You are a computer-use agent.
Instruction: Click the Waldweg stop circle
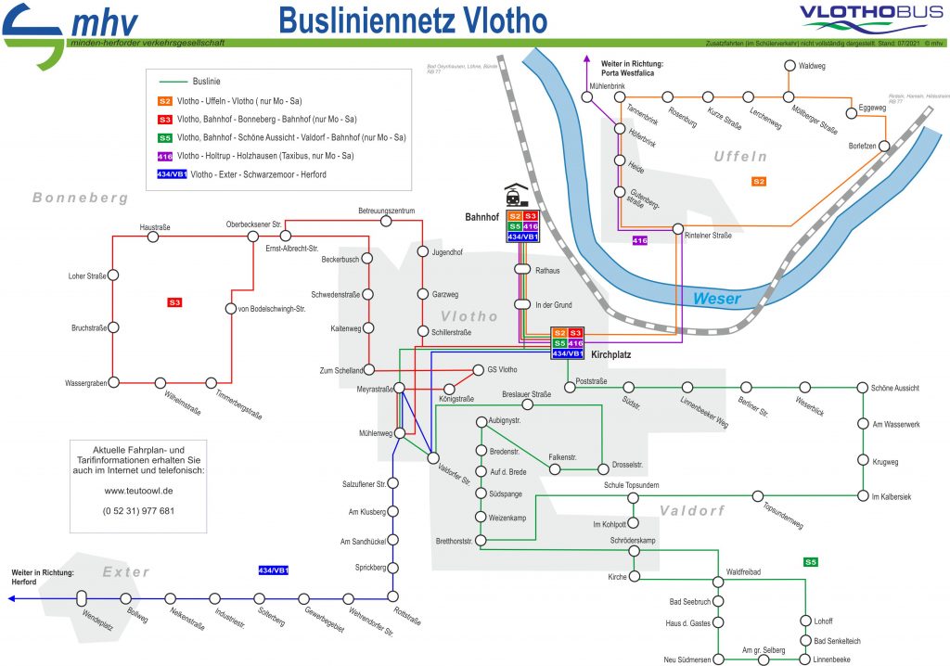[x=790, y=66]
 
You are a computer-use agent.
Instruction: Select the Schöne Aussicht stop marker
[x=863, y=388]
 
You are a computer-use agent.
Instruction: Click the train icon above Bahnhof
[x=515, y=196]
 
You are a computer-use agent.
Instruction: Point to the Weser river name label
[x=716, y=298]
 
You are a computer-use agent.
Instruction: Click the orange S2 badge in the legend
[x=165, y=100]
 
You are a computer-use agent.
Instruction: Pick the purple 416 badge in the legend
[x=165, y=156]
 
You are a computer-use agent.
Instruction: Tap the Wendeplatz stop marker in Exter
[x=82, y=598]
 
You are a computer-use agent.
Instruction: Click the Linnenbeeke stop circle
[x=804, y=660]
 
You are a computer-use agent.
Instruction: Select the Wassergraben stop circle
[x=113, y=381]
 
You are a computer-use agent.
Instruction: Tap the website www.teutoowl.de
[x=138, y=492]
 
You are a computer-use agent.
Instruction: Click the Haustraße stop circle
[x=153, y=237]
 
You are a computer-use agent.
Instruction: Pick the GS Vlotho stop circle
[x=480, y=369]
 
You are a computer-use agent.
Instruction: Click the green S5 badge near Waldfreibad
[x=811, y=561]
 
